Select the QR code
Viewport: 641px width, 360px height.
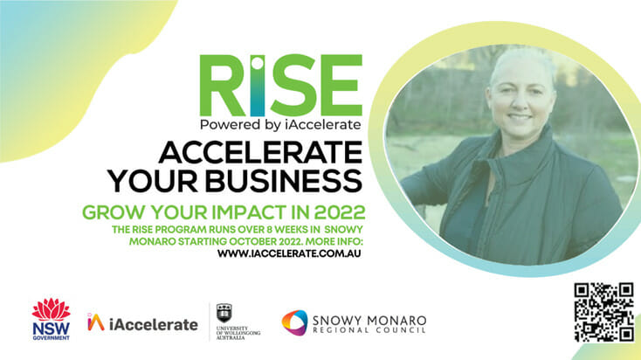[603, 313]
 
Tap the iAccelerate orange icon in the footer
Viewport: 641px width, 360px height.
[96, 322]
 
